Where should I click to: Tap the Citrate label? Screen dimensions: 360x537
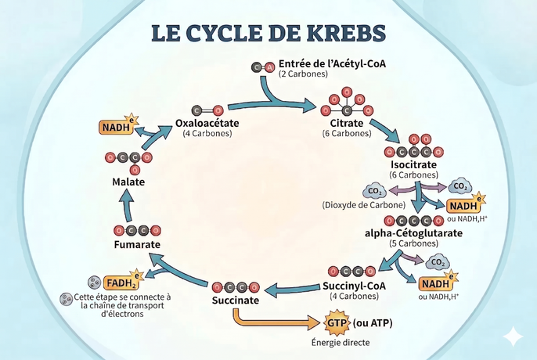[346, 124]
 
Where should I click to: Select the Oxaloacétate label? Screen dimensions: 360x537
[207, 124]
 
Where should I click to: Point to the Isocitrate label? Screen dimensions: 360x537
[413, 164]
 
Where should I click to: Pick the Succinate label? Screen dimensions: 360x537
[235, 301]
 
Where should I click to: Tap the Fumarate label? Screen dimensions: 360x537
[136, 244]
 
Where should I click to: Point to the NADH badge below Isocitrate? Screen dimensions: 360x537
[462, 206]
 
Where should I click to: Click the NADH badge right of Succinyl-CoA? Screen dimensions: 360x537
[435, 283]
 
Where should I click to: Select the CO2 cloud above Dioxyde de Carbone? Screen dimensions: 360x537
[373, 190]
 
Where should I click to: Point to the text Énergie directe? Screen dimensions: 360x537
[338, 343]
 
